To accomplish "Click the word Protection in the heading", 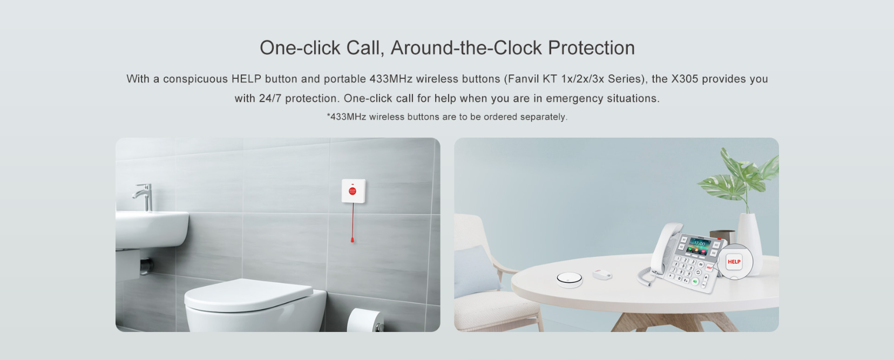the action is tap(591, 48).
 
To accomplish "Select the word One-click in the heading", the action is tap(300, 48).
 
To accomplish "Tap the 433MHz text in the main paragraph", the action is tap(391, 79).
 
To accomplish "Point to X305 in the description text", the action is tap(685, 79).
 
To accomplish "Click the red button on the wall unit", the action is tap(353, 191).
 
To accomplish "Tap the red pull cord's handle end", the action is tap(352, 240).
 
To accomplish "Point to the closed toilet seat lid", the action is tap(249, 295).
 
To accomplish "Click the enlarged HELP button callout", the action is tap(734, 261).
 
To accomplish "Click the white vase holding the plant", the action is tap(750, 237).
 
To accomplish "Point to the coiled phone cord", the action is tap(644, 276).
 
